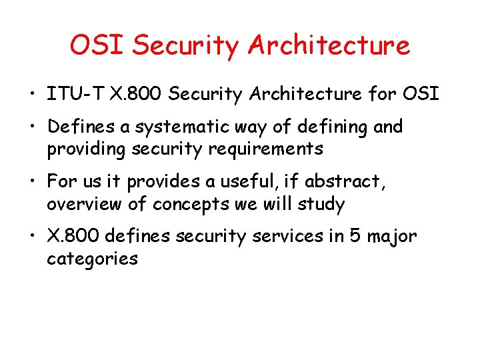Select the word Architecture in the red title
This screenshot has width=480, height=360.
pos(328,45)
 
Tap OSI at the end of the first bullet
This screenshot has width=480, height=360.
pos(421,94)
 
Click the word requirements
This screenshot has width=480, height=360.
pos(265,149)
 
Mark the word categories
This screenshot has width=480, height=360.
pos(92,259)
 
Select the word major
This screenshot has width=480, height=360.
pos(393,237)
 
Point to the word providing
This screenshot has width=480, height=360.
pos(88,149)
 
